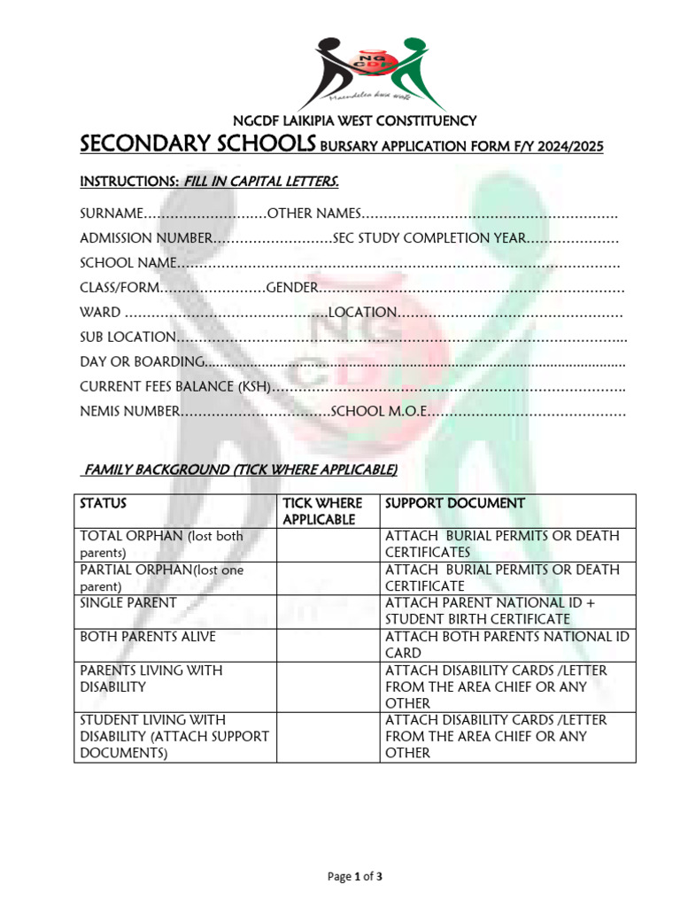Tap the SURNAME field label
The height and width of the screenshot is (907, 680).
click(x=111, y=213)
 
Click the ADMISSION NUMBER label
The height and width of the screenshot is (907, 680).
click(x=145, y=238)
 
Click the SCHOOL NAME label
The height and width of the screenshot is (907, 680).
click(x=127, y=263)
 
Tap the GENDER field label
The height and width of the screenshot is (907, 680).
click(x=292, y=288)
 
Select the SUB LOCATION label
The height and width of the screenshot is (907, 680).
click(x=127, y=337)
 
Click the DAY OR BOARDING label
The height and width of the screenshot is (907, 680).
click(x=142, y=361)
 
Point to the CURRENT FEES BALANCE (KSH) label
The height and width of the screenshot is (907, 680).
click(x=174, y=386)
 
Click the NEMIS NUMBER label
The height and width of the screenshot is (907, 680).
click(x=129, y=411)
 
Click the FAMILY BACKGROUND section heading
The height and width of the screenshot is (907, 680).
click(x=239, y=469)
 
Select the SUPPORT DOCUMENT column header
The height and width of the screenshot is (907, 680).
click(x=454, y=503)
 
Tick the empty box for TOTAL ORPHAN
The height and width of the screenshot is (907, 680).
click(x=328, y=544)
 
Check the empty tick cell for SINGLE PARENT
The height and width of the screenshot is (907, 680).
click(x=328, y=610)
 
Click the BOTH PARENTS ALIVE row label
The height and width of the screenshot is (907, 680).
click(x=148, y=637)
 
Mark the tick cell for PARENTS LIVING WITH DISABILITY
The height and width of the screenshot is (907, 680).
click(x=328, y=686)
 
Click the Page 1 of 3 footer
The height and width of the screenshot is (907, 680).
click(x=355, y=877)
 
